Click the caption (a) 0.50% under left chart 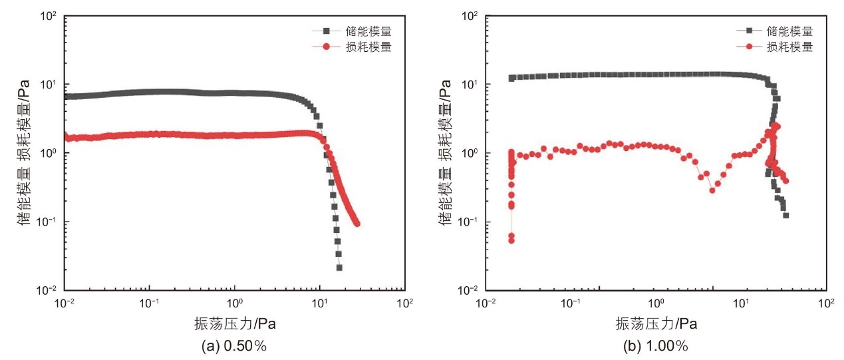(234, 345)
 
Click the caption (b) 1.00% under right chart (656, 345)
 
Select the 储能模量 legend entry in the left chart (352, 31)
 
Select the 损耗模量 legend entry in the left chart (352, 47)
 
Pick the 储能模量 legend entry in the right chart (775, 31)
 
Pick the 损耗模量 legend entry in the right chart (775, 47)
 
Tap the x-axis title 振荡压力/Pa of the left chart (235, 323)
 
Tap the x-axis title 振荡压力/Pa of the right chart (656, 323)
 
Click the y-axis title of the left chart (23, 152)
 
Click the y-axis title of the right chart (445, 152)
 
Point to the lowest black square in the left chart (339, 268)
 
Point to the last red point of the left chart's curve (357, 224)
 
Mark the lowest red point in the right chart (511, 240)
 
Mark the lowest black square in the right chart (785, 216)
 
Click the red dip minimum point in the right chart (712, 190)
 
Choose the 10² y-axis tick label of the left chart (49, 16)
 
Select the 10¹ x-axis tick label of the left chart (319, 303)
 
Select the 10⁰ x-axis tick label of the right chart (656, 303)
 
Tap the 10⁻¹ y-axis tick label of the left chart (47, 222)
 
